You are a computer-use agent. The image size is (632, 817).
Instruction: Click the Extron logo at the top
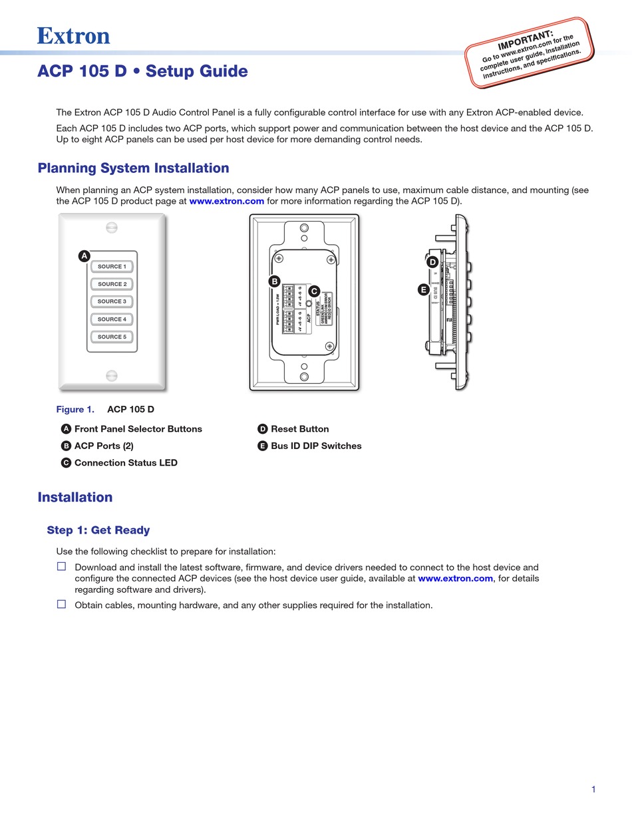[73, 35]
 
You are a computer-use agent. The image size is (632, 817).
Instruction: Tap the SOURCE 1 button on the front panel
[112, 267]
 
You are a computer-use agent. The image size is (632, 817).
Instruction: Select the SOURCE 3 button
[112, 301]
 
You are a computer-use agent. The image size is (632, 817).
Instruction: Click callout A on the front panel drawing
[84, 256]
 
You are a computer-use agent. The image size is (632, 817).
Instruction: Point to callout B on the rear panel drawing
[273, 281]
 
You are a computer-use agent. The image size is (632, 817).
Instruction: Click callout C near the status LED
[314, 291]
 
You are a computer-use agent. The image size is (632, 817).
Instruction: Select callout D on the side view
[432, 262]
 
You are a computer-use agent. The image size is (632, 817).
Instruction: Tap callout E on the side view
[423, 289]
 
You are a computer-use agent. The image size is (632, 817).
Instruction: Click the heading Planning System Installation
[133, 168]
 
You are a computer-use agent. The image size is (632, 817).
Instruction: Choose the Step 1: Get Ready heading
[98, 530]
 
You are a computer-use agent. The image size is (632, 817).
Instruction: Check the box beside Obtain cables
[61, 604]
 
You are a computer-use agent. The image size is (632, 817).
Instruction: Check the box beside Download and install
[61, 566]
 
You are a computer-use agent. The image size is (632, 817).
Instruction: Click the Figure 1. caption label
[75, 409]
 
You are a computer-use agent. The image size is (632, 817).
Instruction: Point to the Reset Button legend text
[299, 429]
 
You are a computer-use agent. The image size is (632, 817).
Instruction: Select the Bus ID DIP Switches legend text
[316, 446]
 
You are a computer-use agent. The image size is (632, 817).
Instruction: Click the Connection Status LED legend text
[126, 463]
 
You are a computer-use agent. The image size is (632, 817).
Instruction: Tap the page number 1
[593, 790]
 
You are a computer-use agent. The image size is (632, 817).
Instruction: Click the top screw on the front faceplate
[112, 228]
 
